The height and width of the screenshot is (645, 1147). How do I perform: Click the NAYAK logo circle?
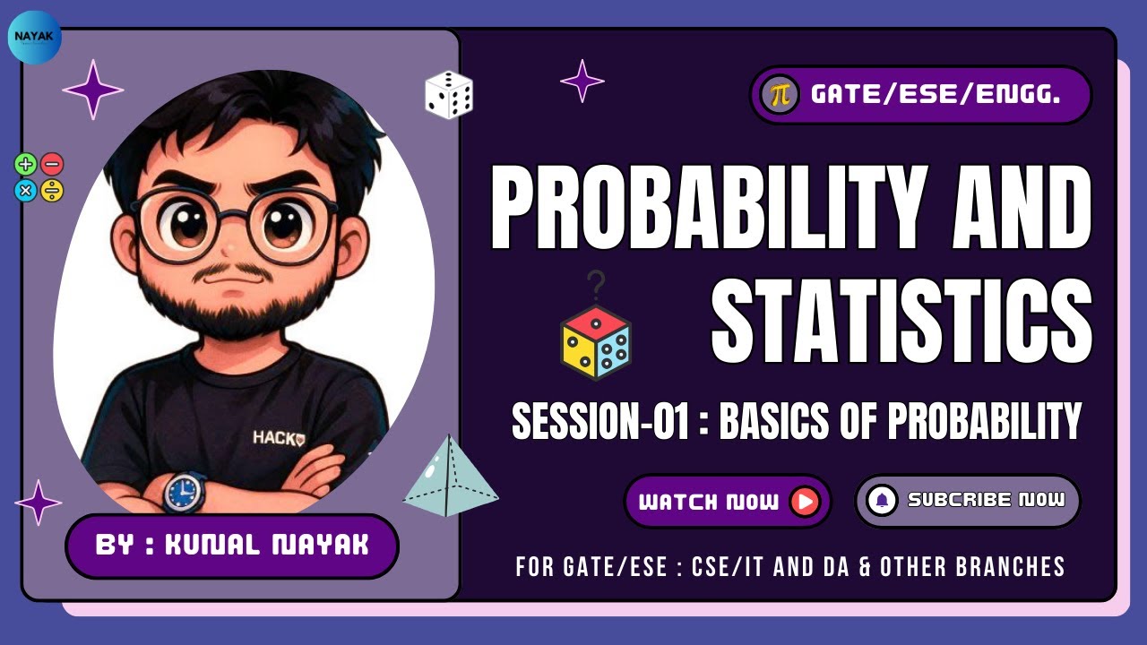coord(35,38)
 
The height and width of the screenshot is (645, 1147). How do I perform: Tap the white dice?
coord(448,95)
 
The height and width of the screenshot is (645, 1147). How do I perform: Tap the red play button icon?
coord(805,502)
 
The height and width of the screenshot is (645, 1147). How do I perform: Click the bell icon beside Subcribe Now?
coord(882,501)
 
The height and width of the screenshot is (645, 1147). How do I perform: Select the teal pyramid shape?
coord(451,477)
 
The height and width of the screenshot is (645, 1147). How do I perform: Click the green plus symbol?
coord(26,164)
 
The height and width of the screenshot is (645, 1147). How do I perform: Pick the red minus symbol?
coord(52,164)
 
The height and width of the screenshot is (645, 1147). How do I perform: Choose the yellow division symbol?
coord(52,190)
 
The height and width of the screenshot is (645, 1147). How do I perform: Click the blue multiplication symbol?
coord(26,190)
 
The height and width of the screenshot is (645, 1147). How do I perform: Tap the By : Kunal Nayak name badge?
coord(231,546)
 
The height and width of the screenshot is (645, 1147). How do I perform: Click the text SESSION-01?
coord(599,421)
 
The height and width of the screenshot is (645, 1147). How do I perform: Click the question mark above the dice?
coord(596,287)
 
